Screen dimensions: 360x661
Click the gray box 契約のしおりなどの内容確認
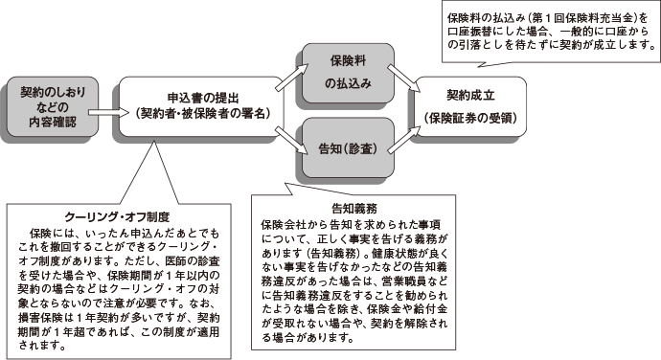pyautogui.click(x=46, y=108)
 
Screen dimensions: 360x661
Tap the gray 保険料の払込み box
pyautogui.click(x=342, y=70)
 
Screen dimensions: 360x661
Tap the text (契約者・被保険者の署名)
pyautogui.click(x=202, y=114)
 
